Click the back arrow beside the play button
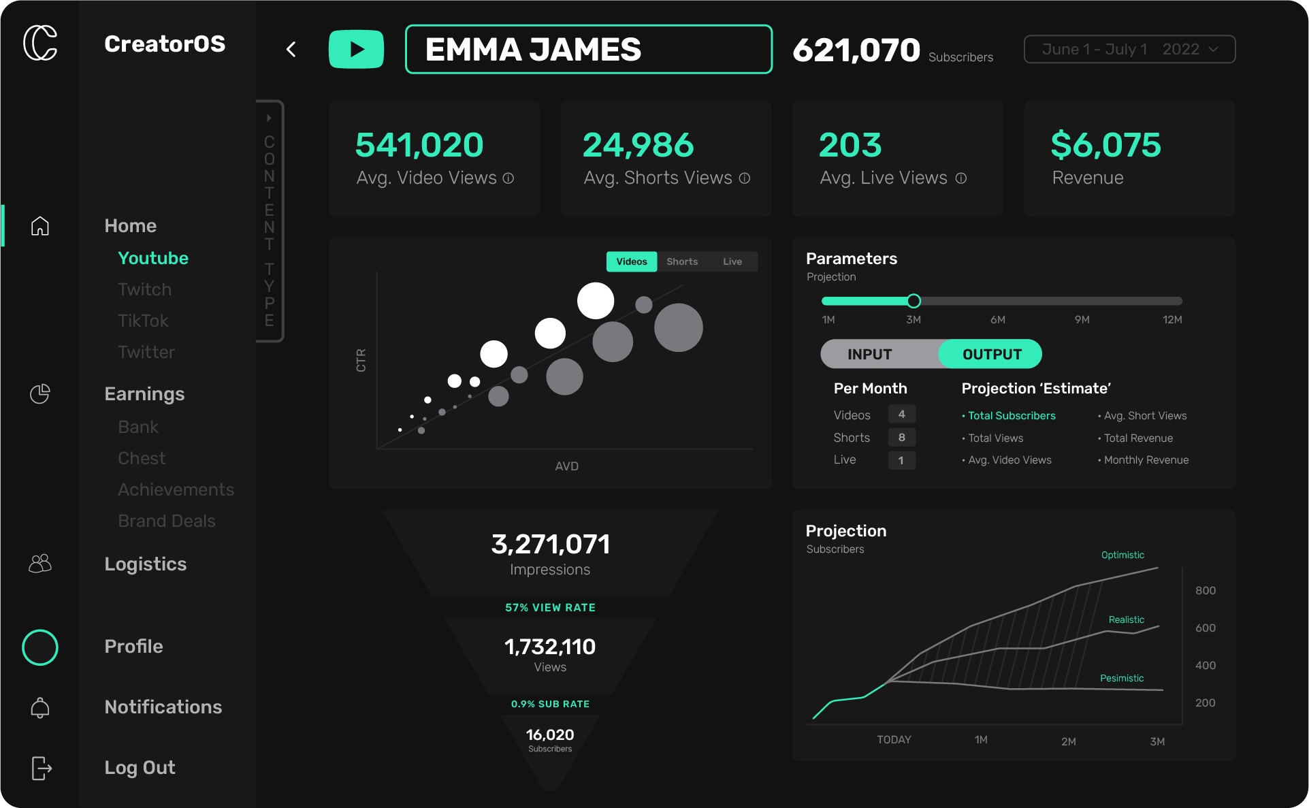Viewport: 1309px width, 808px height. coord(291,49)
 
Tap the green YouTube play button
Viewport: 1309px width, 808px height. coord(356,49)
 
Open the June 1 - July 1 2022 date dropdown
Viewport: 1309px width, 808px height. coord(1129,49)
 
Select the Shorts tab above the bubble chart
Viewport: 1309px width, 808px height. coord(682,261)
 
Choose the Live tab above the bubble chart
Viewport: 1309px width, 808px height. coord(732,261)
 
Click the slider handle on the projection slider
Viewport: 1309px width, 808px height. coord(914,301)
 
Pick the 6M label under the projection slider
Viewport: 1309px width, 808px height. coord(997,320)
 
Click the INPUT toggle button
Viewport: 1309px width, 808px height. coord(869,354)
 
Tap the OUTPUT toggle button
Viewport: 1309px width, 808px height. coord(991,354)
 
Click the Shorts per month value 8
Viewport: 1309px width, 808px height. coord(901,437)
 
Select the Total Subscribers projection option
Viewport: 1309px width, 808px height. coord(1012,416)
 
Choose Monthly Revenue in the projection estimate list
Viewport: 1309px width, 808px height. coord(1146,460)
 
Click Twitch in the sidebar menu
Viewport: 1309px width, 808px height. coord(144,289)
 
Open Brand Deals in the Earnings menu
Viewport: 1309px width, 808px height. coord(167,521)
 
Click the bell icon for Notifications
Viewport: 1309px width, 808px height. coord(40,707)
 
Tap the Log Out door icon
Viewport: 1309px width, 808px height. coord(41,768)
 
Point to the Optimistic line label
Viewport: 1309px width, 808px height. coord(1122,555)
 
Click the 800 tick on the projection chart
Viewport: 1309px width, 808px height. coord(1205,591)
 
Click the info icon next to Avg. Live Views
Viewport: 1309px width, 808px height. coord(961,178)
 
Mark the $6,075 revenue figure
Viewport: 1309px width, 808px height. coord(1105,145)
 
